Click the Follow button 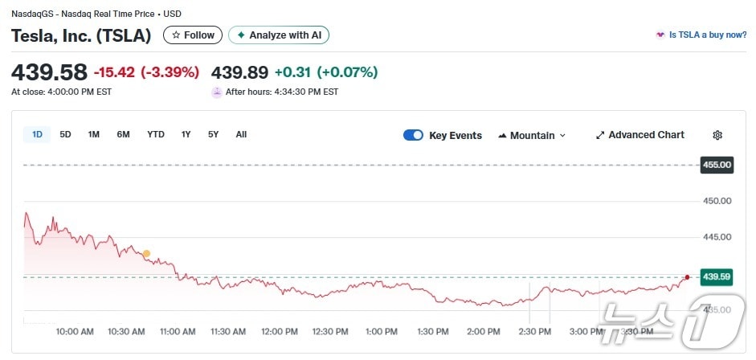(x=193, y=35)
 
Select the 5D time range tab (x=65, y=135)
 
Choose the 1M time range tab (x=94, y=135)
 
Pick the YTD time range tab (x=155, y=135)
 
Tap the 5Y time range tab (x=213, y=135)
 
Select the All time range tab (x=241, y=135)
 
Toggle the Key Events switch (x=413, y=135)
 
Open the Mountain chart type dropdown (x=532, y=135)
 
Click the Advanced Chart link (x=640, y=135)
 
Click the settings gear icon (x=717, y=135)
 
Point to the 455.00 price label (x=717, y=165)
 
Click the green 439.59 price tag (x=717, y=276)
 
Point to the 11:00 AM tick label (x=178, y=331)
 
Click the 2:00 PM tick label (x=484, y=331)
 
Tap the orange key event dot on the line (x=146, y=254)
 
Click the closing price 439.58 (x=49, y=72)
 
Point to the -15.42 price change (x=115, y=72)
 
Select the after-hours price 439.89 (x=239, y=72)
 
